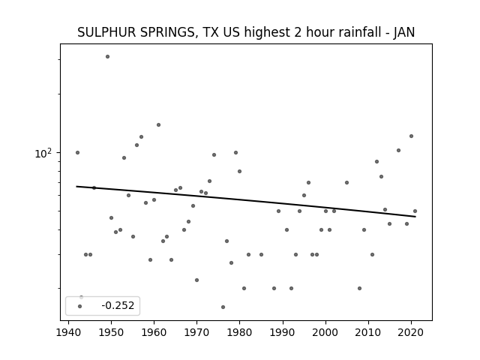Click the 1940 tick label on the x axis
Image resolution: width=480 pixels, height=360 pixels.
click(68, 332)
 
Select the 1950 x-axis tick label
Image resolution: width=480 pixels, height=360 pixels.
click(112, 332)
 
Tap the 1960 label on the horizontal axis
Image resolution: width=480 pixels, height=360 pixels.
click(154, 332)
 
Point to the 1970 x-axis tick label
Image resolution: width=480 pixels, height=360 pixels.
click(196, 332)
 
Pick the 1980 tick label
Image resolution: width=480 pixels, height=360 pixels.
click(240, 332)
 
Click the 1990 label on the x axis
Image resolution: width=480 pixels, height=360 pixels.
click(283, 332)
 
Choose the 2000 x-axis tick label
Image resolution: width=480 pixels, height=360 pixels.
click(325, 332)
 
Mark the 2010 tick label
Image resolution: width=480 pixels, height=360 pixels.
click(368, 332)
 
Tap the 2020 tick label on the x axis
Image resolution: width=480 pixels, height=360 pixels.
click(411, 332)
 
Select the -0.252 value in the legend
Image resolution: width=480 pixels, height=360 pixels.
click(118, 305)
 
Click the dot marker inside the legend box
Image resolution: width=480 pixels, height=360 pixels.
click(80, 306)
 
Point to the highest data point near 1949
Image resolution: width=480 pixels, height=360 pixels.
click(107, 57)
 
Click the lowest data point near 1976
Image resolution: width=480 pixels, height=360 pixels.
click(223, 307)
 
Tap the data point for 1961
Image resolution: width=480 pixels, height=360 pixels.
click(158, 125)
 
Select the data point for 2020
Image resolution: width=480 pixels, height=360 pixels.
click(412, 136)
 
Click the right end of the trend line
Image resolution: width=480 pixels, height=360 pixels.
click(415, 217)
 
